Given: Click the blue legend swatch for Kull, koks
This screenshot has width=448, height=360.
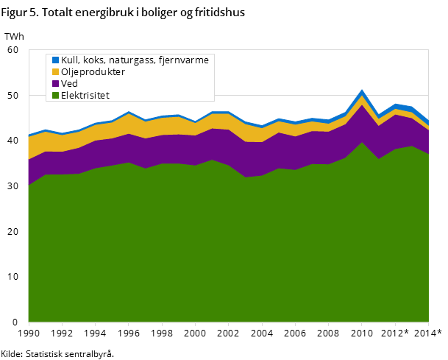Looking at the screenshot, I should click(x=55, y=60).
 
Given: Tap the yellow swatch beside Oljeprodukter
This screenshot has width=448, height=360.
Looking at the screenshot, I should click(x=55, y=72).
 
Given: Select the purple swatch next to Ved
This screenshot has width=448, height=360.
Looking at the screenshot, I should click(x=55, y=84).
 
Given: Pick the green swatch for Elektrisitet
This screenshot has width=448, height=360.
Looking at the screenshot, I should click(x=55, y=95).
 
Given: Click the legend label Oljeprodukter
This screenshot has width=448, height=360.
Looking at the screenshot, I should click(x=93, y=72).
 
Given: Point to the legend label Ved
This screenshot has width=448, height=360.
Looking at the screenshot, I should click(x=69, y=84).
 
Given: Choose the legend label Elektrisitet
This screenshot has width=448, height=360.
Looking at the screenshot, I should click(x=85, y=95).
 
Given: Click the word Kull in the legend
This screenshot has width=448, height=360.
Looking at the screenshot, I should click(x=70, y=60).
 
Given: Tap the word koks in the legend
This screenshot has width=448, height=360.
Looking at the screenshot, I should click(x=93, y=60).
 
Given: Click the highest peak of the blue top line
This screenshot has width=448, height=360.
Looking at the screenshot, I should click(x=362, y=91).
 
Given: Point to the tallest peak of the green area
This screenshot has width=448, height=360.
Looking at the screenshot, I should click(x=362, y=142).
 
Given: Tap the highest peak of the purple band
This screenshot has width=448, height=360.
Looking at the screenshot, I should click(x=362, y=105).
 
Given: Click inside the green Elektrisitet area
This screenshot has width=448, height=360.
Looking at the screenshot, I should click(x=221, y=250).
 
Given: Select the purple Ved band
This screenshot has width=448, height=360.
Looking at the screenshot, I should click(x=221, y=147).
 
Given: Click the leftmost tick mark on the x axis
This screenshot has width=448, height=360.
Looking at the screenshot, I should click(x=29, y=324).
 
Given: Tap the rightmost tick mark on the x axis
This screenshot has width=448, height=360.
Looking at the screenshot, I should click(x=428, y=324).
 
